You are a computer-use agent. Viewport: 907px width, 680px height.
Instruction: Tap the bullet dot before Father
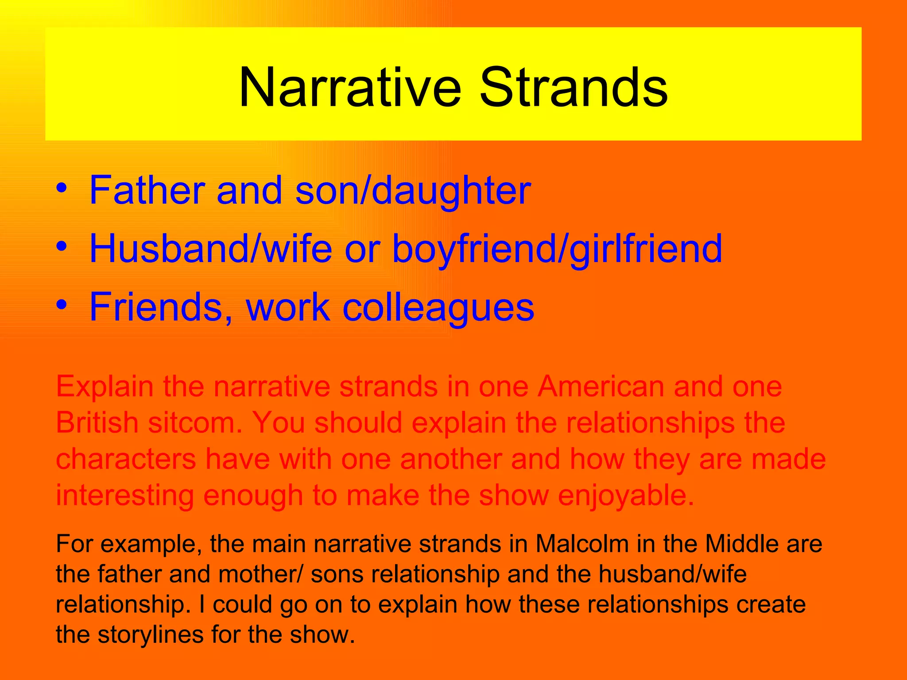point(62,188)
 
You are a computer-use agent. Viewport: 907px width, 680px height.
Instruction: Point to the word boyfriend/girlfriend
point(557,249)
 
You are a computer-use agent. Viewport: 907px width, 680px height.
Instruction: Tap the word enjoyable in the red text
point(626,496)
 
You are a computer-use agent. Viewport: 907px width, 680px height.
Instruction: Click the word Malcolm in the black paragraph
point(582,544)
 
